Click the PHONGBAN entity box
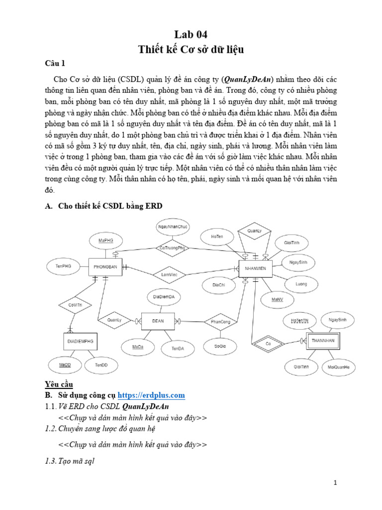pyautogui.click(x=105, y=267)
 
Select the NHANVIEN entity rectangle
pyautogui.click(x=255, y=268)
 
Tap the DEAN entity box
pyautogui.click(x=158, y=321)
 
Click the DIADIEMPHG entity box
pyautogui.click(x=80, y=342)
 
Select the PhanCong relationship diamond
pyautogui.click(x=220, y=322)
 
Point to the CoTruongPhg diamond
pyautogui.click(x=172, y=247)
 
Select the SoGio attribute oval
pyautogui.click(x=220, y=345)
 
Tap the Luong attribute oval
pyautogui.click(x=301, y=284)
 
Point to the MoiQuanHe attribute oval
pyautogui.click(x=339, y=367)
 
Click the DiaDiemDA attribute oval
pyautogui.click(x=164, y=297)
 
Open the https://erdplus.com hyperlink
pyautogui.click(x=151, y=395)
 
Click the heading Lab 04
pyautogui.click(x=191, y=34)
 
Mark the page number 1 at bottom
pyautogui.click(x=336, y=483)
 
